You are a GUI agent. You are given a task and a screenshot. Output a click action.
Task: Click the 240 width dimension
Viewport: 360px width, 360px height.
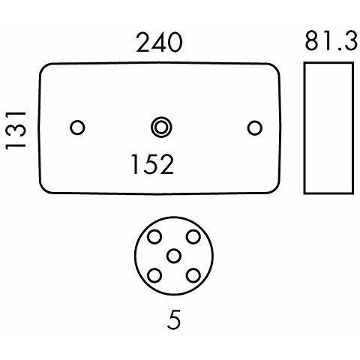coord(159,43)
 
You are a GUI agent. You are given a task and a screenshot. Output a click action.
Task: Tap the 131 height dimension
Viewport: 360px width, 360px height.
coord(16,130)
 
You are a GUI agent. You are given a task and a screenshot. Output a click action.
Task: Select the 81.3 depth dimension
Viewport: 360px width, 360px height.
coord(331,40)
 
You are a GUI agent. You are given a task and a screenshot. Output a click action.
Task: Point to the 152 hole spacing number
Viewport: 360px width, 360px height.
coord(152,164)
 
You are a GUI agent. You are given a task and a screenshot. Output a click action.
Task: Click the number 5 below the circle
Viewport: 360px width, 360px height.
coord(174,319)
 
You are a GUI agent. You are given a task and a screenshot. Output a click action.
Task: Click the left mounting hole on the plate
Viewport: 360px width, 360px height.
coord(77,127)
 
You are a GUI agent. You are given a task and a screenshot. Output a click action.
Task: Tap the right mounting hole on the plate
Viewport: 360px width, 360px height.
coord(255,128)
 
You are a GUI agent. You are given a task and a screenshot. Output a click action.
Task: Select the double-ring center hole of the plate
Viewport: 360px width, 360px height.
coord(161,127)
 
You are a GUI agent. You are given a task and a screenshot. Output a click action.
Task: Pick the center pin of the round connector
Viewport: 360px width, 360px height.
coord(174,256)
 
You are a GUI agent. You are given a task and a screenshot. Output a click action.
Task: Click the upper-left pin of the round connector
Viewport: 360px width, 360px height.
coord(154,237)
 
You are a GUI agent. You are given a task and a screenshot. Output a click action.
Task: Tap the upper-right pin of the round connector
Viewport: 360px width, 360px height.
coord(193,237)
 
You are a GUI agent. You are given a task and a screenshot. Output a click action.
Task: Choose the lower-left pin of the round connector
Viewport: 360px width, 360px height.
coord(154,275)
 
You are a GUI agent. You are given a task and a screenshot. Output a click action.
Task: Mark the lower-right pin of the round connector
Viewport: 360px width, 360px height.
coord(193,275)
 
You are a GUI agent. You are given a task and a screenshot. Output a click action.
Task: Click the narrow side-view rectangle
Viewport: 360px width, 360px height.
coord(304,128)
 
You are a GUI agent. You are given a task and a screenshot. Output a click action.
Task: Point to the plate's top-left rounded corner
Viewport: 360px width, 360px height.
coord(43,67)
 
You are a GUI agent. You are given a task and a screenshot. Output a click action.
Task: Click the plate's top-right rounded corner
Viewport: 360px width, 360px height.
coord(276,67)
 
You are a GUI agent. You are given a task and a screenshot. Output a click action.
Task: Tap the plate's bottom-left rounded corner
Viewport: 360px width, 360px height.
coord(43,190)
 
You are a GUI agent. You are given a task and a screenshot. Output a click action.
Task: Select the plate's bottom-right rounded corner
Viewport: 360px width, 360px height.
coord(276,190)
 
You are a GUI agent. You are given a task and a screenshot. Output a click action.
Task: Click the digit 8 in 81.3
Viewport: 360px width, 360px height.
coord(312,40)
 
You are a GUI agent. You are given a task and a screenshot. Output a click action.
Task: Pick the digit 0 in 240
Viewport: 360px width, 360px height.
coord(174,43)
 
